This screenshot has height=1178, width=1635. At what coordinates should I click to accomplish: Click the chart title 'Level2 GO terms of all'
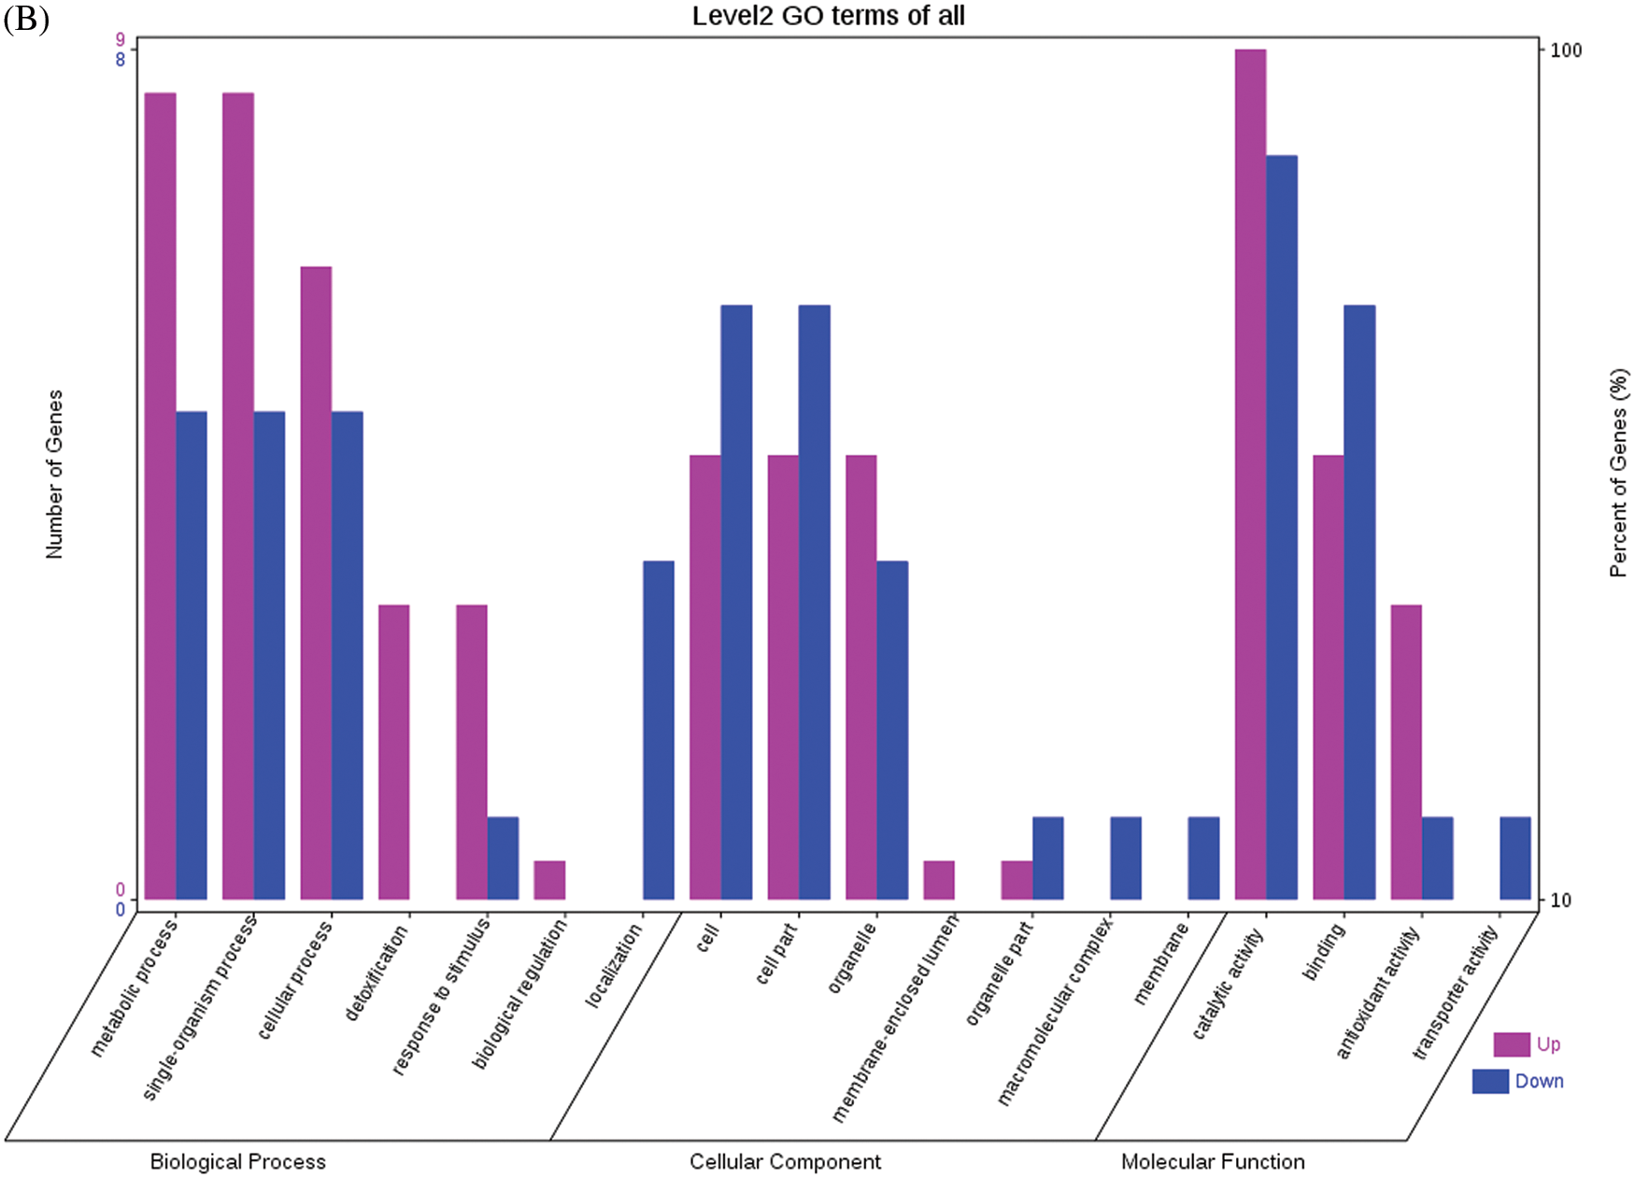[x=828, y=16]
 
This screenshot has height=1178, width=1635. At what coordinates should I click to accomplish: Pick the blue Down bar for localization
[x=659, y=730]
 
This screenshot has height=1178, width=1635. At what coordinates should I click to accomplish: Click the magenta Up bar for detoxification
[x=393, y=752]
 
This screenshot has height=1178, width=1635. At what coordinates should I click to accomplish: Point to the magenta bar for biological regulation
[x=549, y=880]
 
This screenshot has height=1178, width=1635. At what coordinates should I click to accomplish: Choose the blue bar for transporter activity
[x=1515, y=858]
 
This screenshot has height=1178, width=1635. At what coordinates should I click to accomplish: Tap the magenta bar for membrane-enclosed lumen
[x=939, y=880]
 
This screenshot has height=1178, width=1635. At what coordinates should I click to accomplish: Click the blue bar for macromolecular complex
[x=1126, y=858]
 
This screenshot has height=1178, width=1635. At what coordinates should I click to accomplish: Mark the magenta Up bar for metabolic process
[x=160, y=496]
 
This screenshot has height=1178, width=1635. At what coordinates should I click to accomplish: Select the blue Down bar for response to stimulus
[x=503, y=858]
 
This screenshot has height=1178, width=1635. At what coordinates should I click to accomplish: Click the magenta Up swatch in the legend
[x=1511, y=1043]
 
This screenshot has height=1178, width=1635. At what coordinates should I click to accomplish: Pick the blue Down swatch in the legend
[x=1490, y=1081]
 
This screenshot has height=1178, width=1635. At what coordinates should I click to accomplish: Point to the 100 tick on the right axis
[x=1566, y=50]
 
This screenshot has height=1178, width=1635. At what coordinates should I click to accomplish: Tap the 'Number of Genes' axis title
[x=54, y=474]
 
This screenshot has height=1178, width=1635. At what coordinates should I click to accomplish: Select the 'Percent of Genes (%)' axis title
[x=1618, y=472]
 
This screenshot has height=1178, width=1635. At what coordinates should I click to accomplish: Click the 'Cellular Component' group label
[x=785, y=1161]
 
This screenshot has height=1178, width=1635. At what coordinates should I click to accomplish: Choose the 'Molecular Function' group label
[x=1213, y=1161]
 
